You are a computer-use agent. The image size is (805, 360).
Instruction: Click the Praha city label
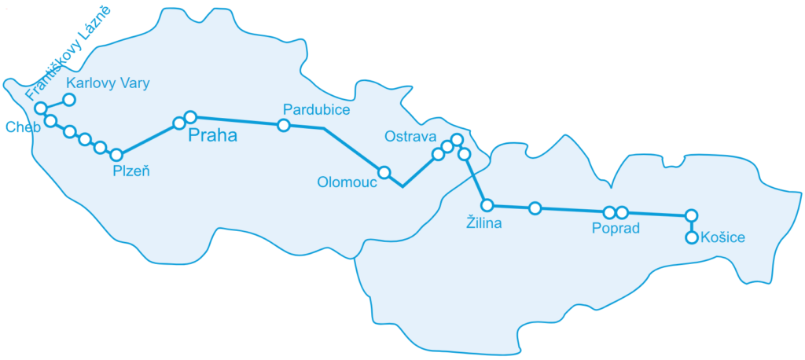213,135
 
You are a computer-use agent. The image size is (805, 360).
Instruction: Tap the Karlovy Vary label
108,83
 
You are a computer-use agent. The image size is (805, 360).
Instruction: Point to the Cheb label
18,127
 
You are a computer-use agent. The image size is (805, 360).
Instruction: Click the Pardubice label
316,109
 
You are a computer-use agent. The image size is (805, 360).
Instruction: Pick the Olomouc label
347,182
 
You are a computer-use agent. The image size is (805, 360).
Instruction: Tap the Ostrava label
410,137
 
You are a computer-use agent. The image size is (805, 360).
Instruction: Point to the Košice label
722,237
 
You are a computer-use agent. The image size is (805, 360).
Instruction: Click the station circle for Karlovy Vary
69,100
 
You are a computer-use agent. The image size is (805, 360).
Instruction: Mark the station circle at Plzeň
116,155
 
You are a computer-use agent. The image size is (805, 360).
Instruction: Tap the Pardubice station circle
284,125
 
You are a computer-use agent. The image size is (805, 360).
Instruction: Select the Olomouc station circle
384,172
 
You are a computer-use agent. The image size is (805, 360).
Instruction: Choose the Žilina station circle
487,205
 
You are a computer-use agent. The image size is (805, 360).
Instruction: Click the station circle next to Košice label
692,237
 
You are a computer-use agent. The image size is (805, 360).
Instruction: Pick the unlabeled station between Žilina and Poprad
535,208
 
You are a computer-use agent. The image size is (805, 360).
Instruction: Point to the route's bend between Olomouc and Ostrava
402,186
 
